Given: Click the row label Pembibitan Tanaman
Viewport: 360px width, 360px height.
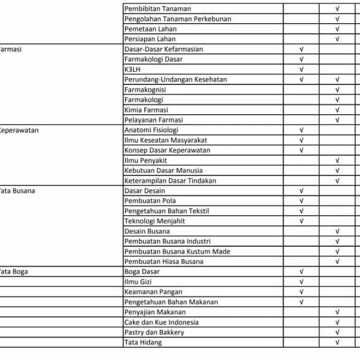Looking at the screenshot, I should pyautogui.click(x=157, y=8).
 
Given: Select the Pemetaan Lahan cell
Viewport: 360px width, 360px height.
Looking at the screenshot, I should pyautogui.click(x=150, y=29).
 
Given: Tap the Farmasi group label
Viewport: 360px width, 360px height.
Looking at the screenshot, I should pyautogui.click(x=11, y=49).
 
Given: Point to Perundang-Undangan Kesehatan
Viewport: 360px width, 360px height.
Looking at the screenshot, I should pyautogui.click(x=175, y=79).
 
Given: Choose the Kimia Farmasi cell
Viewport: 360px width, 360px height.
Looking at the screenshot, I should pyautogui.click(x=146, y=110).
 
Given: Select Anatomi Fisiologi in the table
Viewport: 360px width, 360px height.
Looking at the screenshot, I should pyautogui.click(x=151, y=130).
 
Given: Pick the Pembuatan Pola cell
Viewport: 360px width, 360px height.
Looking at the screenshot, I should pyautogui.click(x=150, y=201).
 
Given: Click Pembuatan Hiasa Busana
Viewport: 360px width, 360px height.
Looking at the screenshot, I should pyautogui.click(x=164, y=262).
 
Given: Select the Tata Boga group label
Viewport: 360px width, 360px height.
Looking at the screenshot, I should pyautogui.click(x=13, y=272).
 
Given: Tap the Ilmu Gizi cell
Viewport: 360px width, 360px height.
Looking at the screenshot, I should pyautogui.click(x=138, y=282).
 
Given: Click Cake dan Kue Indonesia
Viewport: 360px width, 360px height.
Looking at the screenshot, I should pyautogui.click(x=161, y=322).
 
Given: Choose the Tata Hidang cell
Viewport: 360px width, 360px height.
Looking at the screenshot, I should pyautogui.click(x=143, y=343).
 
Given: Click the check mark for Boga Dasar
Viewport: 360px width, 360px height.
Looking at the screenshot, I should pyautogui.click(x=301, y=272).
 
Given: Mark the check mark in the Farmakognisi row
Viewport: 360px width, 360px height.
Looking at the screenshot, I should pyautogui.click(x=337, y=89).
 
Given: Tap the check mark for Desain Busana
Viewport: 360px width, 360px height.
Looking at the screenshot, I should pyautogui.click(x=337, y=231).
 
